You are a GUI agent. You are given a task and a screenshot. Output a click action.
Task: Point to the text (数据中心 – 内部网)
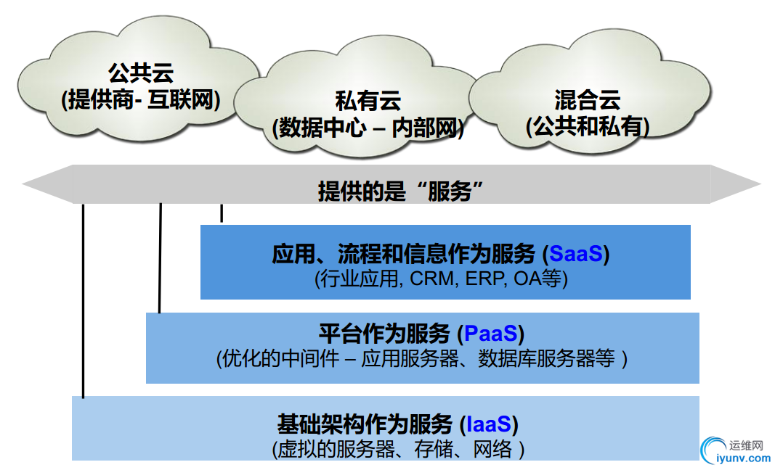[368, 128]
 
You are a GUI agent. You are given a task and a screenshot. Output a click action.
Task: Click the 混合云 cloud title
[587, 100]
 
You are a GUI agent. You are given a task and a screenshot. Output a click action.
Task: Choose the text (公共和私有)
[587, 126]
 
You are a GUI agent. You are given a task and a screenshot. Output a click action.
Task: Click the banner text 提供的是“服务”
[401, 191]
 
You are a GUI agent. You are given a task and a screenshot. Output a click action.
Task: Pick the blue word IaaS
[489, 424]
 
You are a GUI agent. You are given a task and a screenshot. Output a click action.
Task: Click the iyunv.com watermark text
[743, 458]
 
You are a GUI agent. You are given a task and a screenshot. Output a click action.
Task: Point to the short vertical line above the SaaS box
[222, 213]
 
